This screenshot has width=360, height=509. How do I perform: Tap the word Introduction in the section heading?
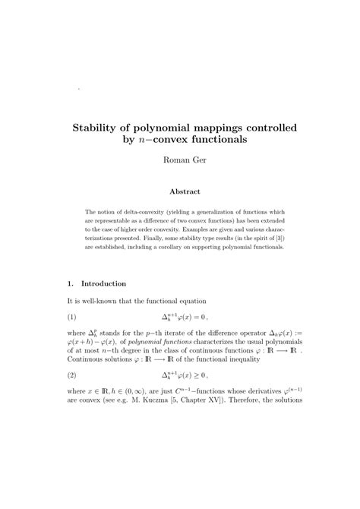(103, 284)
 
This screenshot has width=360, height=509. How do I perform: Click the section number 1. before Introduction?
(71, 284)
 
